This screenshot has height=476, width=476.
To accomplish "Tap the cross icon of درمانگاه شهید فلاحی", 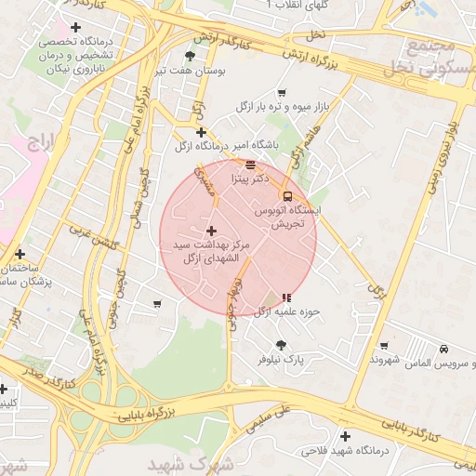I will [346, 436].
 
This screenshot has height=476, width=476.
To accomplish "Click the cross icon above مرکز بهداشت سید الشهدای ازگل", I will [211, 230].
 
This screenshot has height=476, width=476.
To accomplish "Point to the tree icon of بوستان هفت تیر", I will [190, 57].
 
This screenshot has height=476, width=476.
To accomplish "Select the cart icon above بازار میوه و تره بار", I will [282, 93].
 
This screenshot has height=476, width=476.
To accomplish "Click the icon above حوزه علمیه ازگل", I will [286, 298].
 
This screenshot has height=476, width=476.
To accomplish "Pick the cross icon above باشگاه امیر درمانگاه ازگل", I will [201, 133].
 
